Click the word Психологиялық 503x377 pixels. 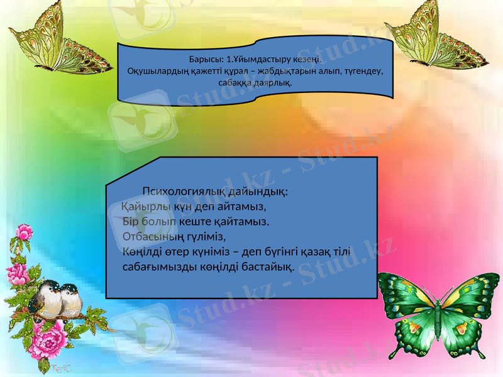(x=182, y=191)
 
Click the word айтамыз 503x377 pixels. (x=241, y=206)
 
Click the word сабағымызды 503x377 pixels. (x=160, y=268)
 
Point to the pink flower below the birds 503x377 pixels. (x=52, y=342)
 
